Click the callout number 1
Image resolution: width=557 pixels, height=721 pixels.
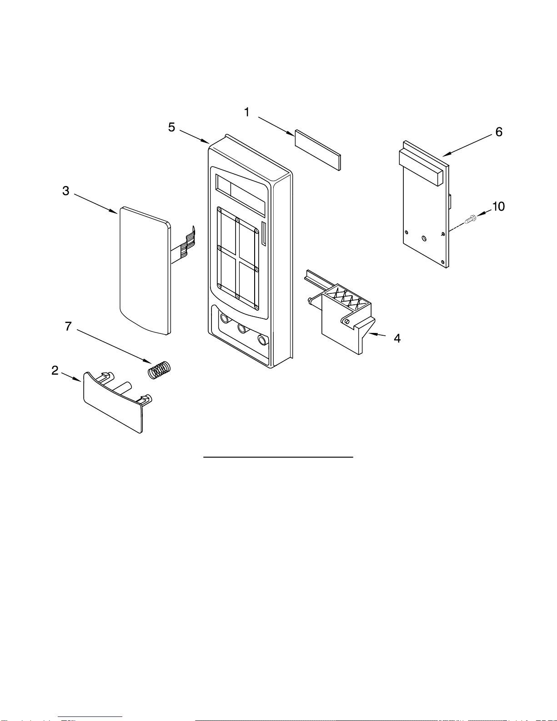[246, 112]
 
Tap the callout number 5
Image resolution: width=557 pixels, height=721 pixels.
[171, 127]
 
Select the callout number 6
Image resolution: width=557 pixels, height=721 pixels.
[499, 132]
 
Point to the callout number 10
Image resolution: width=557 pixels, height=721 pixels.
[498, 207]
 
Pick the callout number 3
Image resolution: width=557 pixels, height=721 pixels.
[66, 191]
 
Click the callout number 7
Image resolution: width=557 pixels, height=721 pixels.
[68, 326]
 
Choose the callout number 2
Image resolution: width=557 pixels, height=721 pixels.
[55, 370]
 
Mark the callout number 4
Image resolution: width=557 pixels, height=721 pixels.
[397, 338]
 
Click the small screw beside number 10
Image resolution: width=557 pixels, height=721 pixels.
[471, 219]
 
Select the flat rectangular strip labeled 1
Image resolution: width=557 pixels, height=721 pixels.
[318, 150]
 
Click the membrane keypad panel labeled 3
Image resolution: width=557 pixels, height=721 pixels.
[145, 270]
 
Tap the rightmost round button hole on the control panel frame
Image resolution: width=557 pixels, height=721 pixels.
[263, 340]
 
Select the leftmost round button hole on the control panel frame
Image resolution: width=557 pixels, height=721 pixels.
[225, 318]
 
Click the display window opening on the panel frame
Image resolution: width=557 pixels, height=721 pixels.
[241, 196]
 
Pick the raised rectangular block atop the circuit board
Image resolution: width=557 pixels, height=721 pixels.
[421, 167]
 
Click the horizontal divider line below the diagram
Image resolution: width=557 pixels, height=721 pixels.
[278, 457]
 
